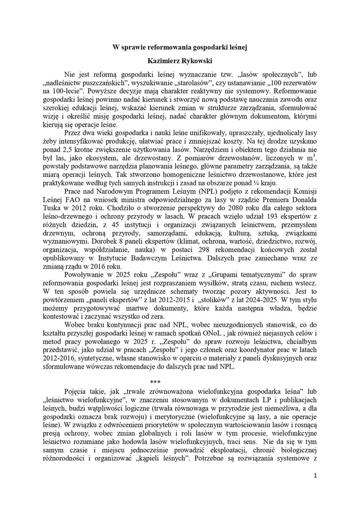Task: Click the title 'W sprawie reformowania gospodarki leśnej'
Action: [x=180, y=47]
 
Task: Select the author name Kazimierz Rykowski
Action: [x=180, y=61]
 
